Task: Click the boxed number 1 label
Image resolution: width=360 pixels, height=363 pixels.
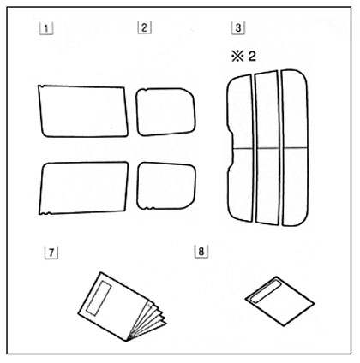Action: (x=46, y=28)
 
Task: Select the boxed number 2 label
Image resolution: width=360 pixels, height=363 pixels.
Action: (x=144, y=27)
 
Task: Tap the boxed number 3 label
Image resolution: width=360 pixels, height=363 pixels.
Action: (x=238, y=28)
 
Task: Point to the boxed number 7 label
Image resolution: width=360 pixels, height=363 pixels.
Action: (x=51, y=253)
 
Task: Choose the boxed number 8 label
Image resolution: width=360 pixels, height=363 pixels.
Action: (x=201, y=252)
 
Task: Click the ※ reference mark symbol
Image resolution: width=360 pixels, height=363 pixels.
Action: (x=237, y=56)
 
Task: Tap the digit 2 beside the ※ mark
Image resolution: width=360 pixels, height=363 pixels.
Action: (x=252, y=56)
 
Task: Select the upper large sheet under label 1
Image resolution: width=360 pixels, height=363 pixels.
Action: (x=83, y=111)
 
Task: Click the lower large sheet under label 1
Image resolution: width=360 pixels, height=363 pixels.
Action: (x=84, y=187)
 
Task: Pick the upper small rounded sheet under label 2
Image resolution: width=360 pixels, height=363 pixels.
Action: (x=165, y=112)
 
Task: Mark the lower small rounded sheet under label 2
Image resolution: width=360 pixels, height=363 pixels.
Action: (x=166, y=186)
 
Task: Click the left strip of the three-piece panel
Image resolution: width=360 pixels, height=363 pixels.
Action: (x=241, y=147)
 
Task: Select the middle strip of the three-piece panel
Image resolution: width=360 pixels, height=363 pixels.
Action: (x=267, y=146)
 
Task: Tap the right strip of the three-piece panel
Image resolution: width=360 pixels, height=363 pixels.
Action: (x=295, y=147)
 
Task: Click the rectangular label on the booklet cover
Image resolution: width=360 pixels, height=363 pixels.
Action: (x=99, y=298)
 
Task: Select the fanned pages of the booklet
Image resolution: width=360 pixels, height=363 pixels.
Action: (x=147, y=321)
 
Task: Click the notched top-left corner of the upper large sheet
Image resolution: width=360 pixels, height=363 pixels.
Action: (x=41, y=86)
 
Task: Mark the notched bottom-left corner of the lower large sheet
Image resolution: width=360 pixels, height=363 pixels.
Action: (x=45, y=212)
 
